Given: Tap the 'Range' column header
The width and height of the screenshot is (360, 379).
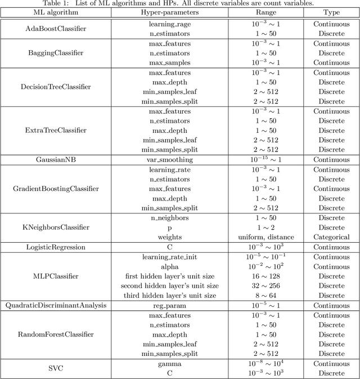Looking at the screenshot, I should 266,13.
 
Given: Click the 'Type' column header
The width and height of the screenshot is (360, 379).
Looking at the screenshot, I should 331,13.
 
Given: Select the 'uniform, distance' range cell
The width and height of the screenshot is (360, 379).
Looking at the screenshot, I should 266,237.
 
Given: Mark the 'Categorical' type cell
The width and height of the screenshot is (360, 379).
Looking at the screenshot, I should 331,237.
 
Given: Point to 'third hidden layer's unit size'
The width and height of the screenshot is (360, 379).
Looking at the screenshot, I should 170,295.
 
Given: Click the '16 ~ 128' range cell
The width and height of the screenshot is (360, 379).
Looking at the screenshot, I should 266,276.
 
